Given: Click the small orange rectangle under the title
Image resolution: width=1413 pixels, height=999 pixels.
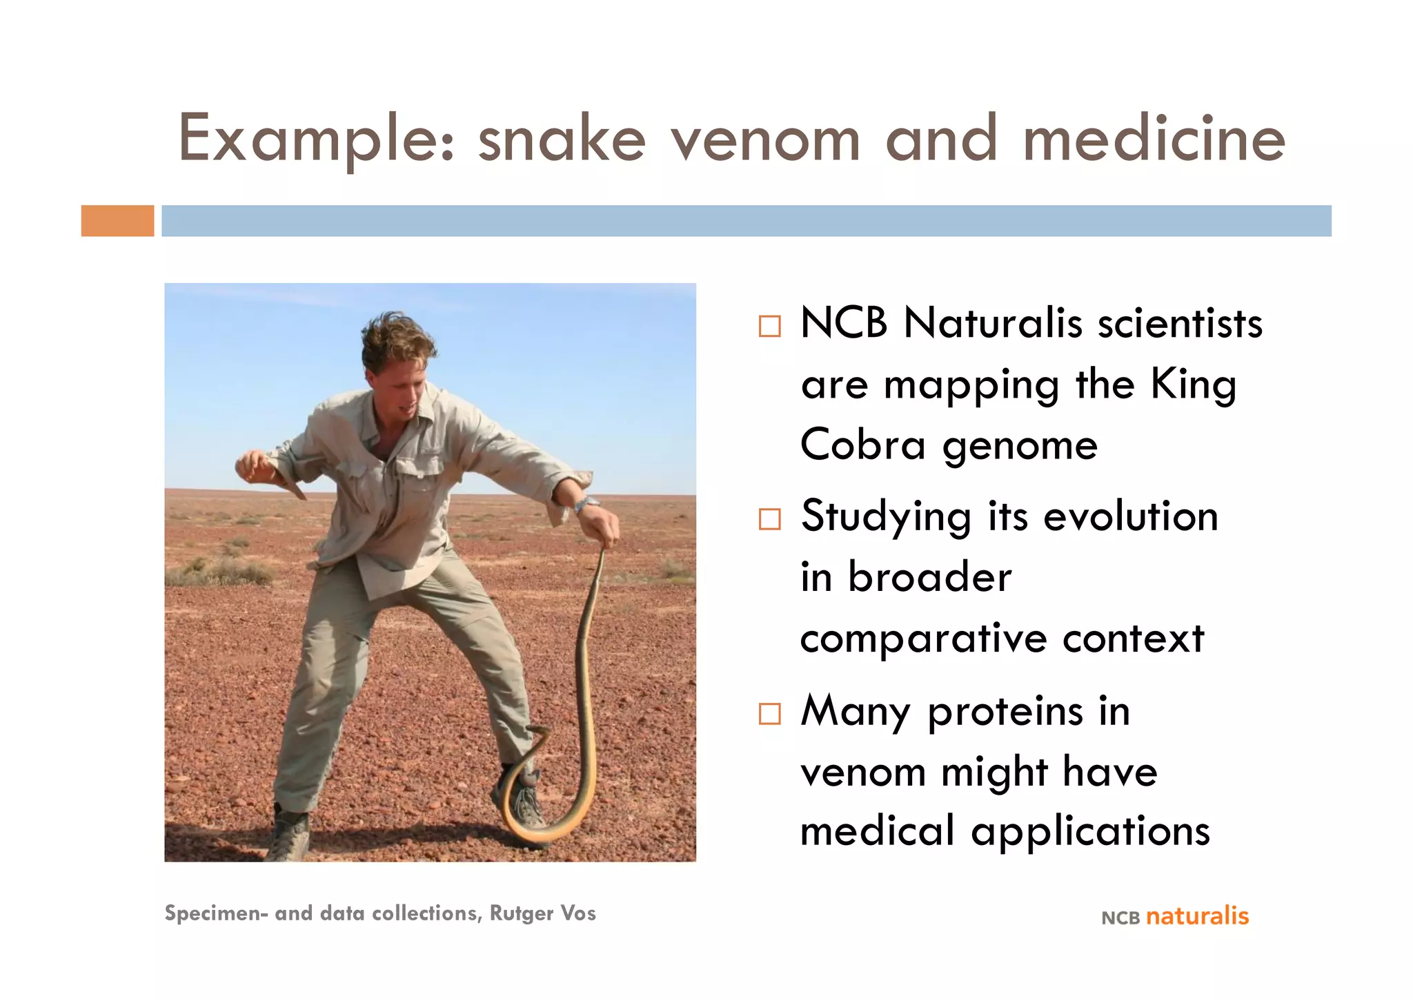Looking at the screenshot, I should [x=117, y=221].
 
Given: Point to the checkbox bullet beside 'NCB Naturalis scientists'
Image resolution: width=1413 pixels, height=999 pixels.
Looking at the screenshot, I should [x=769, y=326].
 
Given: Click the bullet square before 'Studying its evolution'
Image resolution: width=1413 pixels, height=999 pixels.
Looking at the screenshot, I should [x=769, y=519].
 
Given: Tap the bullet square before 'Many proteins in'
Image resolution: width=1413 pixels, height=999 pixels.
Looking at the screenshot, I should [x=769, y=713].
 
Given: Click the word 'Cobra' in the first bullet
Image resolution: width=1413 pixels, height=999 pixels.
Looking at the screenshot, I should [x=862, y=445].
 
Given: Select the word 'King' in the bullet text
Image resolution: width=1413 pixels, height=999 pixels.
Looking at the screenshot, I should [x=1193, y=385].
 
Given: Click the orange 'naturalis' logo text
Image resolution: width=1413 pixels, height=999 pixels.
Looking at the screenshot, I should [x=1197, y=916].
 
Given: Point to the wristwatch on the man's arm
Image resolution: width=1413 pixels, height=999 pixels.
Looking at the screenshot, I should [x=586, y=503].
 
